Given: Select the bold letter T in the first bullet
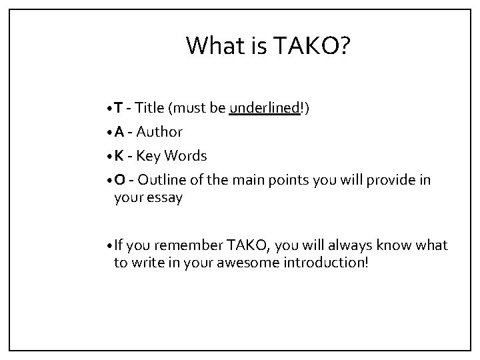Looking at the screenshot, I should pyautogui.click(x=117, y=108).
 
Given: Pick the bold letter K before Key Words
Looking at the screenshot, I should pyautogui.click(x=117, y=156).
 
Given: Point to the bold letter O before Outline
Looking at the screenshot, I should pyautogui.click(x=118, y=180).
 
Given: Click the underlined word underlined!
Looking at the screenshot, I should pyautogui.click(x=265, y=108).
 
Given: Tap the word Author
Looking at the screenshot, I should pyautogui.click(x=159, y=132).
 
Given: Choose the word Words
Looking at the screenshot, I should pyautogui.click(x=186, y=156).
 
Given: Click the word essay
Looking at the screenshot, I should pyautogui.click(x=164, y=197).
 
